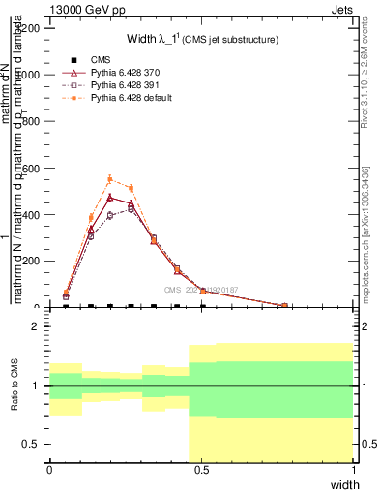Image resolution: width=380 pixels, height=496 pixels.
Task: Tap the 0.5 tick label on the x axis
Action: pos(201,470)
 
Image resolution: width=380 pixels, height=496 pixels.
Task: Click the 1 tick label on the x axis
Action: pos(353,470)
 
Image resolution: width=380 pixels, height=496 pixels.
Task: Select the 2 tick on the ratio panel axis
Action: pos(35,326)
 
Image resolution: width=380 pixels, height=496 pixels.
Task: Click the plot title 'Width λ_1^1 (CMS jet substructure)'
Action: pos(202,40)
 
